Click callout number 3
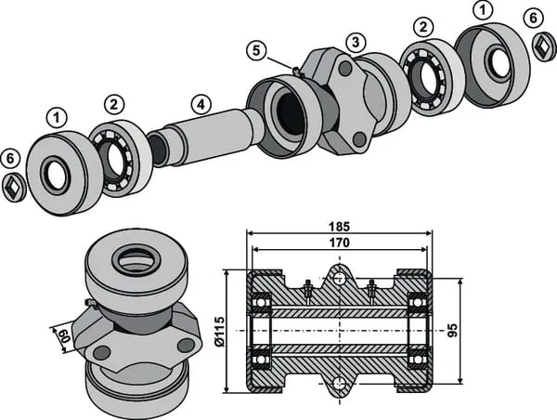coord(354,43)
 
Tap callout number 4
coord(199,103)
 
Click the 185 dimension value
coord(339,226)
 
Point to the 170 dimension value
coord(339,243)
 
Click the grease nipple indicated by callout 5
coord(295,71)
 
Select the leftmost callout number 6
coord(10,158)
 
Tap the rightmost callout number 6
coord(532,18)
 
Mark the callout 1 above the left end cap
coord(58,118)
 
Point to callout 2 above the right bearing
coord(424,27)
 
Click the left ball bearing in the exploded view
coord(116,158)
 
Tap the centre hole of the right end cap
coord(498,62)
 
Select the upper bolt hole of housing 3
coord(345,68)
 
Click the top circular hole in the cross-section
coord(339,277)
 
